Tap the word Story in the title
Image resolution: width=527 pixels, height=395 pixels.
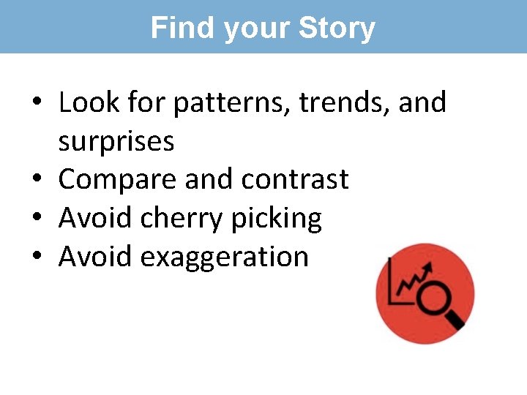337,28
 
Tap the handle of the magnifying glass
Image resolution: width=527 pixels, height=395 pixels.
455,320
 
